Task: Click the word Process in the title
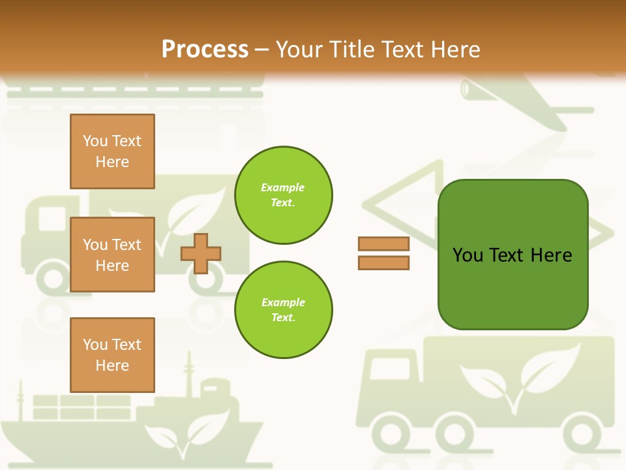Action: tap(205, 49)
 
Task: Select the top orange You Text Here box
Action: tap(112, 151)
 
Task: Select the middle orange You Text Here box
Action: tap(112, 255)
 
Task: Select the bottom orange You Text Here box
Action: tap(112, 354)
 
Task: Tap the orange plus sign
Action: tap(201, 253)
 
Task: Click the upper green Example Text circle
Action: tap(284, 195)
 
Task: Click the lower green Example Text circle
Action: tap(284, 310)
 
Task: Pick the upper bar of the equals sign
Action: tap(383, 243)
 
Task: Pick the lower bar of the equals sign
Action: tap(383, 262)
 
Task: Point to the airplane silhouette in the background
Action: tap(522, 104)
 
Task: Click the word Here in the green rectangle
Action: tap(552, 255)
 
